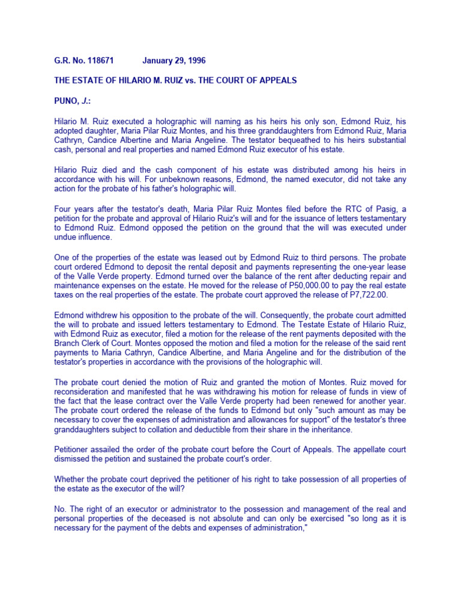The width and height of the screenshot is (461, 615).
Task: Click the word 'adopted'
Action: [x=70, y=130]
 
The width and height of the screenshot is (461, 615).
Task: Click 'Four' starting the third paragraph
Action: [x=64, y=208]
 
